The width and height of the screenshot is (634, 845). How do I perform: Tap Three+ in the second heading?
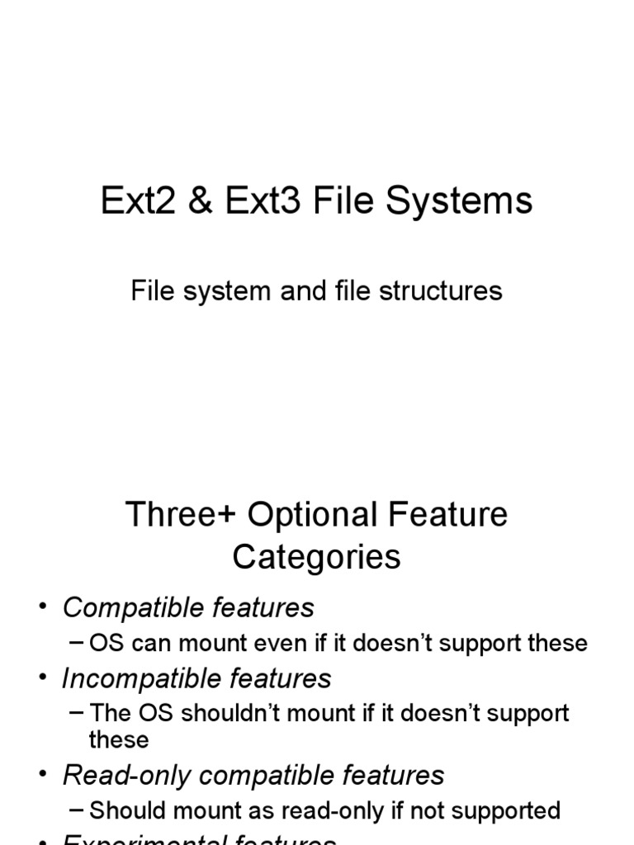[180, 515]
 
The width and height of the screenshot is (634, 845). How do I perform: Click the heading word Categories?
[316, 557]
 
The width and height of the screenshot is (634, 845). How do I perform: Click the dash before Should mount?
[78, 810]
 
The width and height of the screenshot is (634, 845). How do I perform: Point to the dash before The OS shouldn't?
[78, 712]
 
